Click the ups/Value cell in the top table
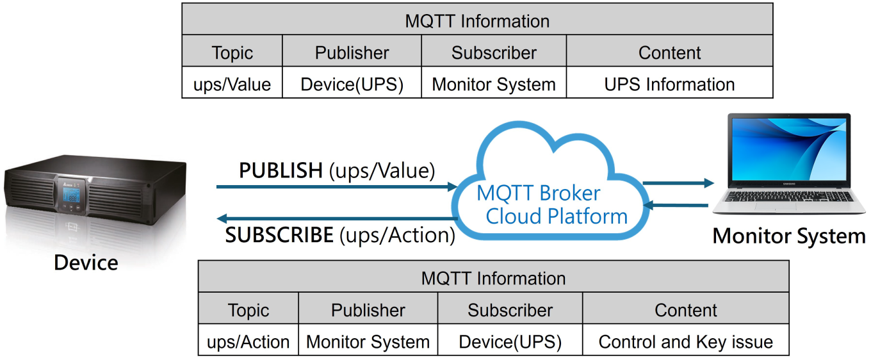[x=232, y=83]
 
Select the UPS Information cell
[x=669, y=83]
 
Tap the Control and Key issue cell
[x=685, y=340]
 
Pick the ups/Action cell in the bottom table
[x=248, y=340]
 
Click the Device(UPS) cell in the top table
[x=352, y=83]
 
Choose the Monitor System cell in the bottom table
[x=368, y=340]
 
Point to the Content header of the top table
[x=669, y=51]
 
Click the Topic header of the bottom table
[x=248, y=308]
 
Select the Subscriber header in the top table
[x=494, y=51]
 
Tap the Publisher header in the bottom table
[x=368, y=308]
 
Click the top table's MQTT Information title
[x=477, y=19]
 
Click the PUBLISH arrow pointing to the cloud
[x=337, y=187]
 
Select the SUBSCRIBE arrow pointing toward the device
[x=337, y=218]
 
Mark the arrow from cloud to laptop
[x=678, y=183]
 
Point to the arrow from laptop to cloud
[x=676, y=205]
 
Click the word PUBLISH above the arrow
[x=281, y=170]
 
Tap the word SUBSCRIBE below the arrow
[x=279, y=235]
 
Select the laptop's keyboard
[x=788, y=196]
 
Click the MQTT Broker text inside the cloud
[x=538, y=193]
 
